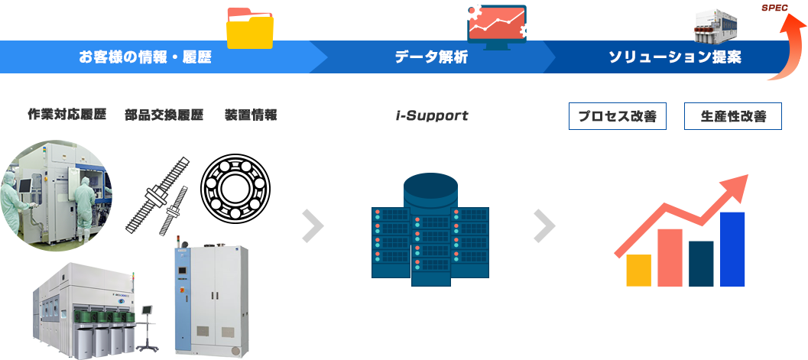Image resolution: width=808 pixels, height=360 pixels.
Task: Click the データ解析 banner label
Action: point(431,57)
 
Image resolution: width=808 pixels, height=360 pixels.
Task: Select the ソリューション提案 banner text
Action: point(674,57)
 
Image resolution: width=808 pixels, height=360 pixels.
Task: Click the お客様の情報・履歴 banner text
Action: point(145,57)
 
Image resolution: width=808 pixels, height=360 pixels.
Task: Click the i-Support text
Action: point(432,116)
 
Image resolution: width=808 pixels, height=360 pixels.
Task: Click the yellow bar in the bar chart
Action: point(638,270)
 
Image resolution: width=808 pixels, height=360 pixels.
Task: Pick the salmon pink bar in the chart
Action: point(670,257)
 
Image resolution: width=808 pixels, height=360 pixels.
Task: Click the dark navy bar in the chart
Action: point(701,263)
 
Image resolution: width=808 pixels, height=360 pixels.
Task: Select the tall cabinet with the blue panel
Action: point(207,298)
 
